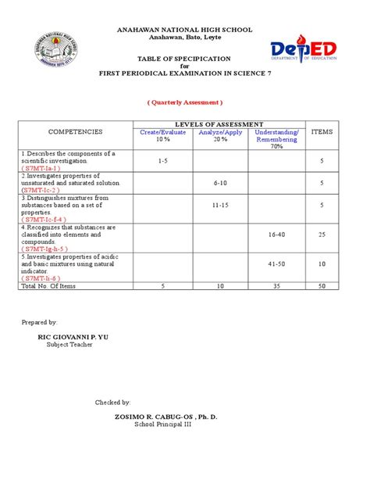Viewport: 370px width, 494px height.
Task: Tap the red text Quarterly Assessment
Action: pos(185,102)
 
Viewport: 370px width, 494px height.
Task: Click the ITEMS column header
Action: pos(322,132)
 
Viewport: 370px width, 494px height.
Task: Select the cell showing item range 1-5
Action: pos(162,160)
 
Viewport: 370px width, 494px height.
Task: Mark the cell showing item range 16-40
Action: pos(277,234)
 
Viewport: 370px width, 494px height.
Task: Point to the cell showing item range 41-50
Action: pos(277,263)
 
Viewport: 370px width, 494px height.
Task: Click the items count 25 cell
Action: pos(322,234)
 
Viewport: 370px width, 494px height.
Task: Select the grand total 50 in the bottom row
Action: pos(322,286)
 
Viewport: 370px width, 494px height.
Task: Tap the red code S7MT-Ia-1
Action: pos(41,168)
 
